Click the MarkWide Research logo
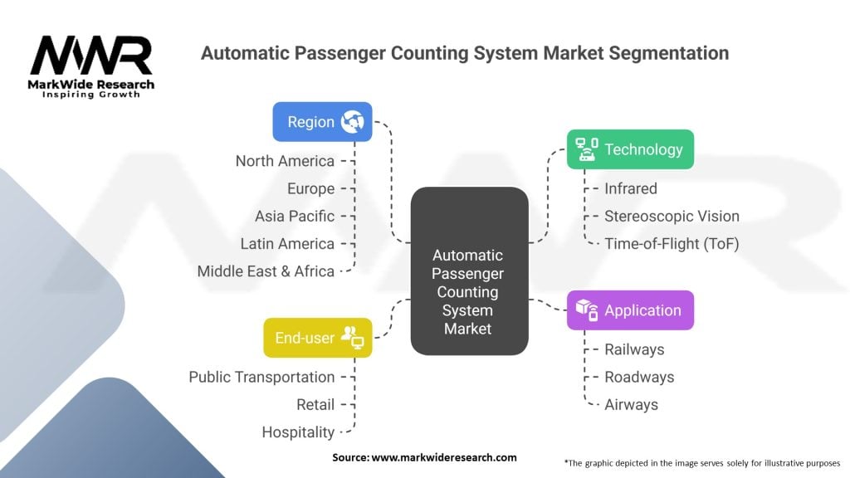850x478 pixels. coord(91,66)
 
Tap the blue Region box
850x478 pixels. coord(322,122)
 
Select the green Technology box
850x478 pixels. coord(630,149)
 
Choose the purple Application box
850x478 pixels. coord(630,310)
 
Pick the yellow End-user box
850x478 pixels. coord(318,338)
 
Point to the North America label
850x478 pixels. coord(285,161)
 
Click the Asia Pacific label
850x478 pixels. coord(295,216)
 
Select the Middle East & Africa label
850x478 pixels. coord(266,271)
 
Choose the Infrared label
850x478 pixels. coord(630,188)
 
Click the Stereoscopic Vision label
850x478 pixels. coord(672,216)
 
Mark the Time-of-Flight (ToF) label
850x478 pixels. coord(672,244)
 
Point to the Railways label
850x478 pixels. coord(634,349)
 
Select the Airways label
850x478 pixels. coord(631,404)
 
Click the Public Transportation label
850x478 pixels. coord(261,377)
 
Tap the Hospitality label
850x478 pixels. coord(298,432)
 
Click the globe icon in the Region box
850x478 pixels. coord(352,122)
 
